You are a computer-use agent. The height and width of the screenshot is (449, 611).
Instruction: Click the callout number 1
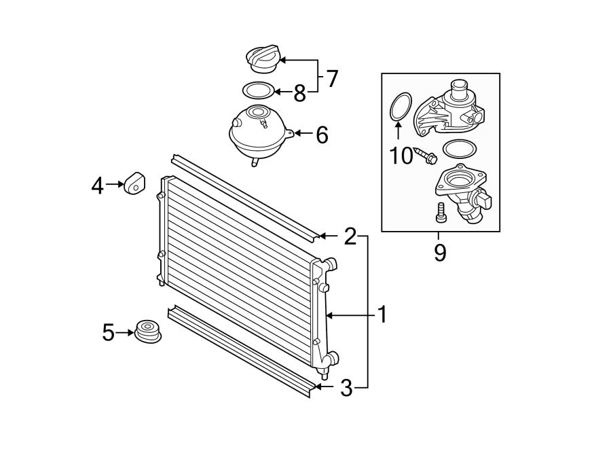[x=382, y=315]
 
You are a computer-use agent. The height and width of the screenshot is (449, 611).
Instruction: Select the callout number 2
[x=350, y=236]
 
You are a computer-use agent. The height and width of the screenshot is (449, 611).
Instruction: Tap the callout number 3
[x=346, y=388]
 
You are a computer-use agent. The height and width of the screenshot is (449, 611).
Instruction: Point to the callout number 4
[x=98, y=185]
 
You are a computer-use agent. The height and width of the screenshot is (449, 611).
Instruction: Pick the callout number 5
[x=108, y=332]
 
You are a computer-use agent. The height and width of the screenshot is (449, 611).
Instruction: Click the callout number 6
[x=321, y=134]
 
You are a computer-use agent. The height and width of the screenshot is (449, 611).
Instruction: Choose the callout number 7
[x=332, y=79]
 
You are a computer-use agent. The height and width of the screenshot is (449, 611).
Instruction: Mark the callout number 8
[x=299, y=92]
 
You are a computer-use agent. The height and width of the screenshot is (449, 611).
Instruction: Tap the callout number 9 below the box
[x=440, y=253]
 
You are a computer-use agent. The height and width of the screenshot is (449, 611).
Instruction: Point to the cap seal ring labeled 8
[x=258, y=90]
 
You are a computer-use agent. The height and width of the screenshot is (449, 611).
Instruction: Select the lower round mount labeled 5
[x=147, y=331]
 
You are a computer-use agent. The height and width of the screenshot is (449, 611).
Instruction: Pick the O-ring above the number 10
[x=399, y=107]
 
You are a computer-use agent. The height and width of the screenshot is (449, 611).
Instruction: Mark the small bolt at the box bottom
[x=440, y=212]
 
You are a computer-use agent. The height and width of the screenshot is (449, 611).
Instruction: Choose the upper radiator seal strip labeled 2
[x=244, y=196]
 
